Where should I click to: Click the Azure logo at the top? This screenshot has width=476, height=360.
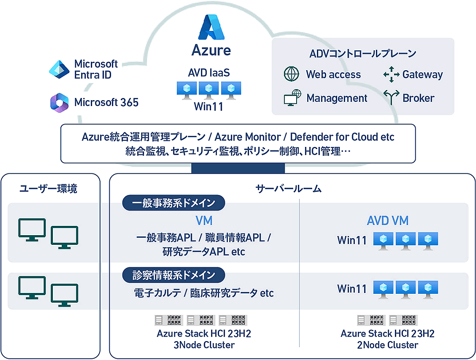212,27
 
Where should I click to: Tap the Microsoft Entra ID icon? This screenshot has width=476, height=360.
59,70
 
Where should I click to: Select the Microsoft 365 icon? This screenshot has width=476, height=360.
59,102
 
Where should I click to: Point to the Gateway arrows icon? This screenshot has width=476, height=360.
391,75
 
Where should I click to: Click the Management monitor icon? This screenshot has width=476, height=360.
292,98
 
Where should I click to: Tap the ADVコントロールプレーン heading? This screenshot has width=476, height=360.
363,54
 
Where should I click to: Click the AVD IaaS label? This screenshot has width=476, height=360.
209,73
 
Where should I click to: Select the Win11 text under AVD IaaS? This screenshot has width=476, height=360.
209,106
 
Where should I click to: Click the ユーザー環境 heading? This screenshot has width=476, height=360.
48,189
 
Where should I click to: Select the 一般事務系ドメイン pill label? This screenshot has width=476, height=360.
174,203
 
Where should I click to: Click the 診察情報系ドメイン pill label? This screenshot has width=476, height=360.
174,275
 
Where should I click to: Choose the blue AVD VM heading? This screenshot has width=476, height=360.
387,221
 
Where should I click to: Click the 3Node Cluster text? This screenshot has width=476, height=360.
204,345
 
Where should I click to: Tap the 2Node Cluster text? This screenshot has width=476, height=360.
387,345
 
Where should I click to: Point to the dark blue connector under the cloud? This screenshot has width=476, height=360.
238,168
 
